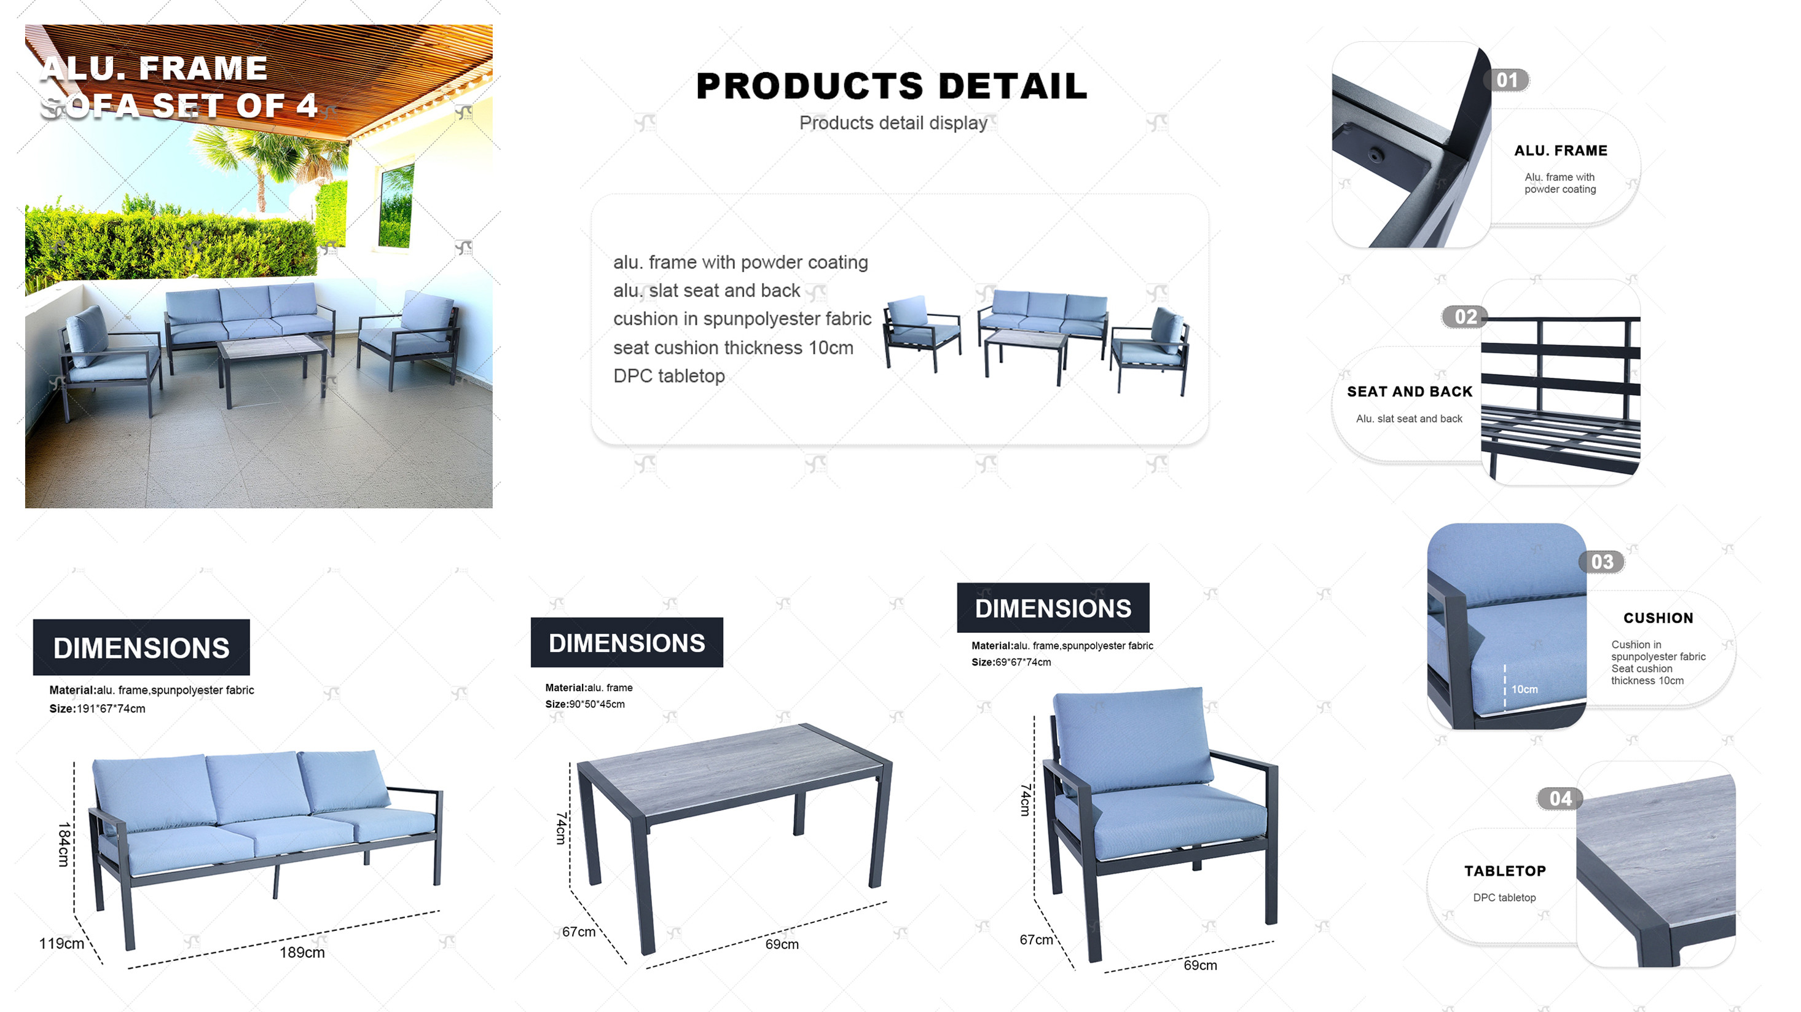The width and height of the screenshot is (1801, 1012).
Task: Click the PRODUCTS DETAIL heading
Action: click(892, 86)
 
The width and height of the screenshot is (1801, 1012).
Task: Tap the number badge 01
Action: click(1507, 80)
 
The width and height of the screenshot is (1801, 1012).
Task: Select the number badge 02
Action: click(1466, 316)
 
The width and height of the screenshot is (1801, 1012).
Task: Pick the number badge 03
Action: click(1602, 562)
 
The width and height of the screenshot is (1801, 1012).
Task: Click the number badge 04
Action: click(1560, 799)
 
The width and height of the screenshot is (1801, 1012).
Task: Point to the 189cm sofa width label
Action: click(302, 952)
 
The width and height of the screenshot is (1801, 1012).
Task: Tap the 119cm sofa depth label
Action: click(61, 944)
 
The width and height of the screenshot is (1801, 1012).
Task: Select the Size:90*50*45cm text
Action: click(585, 704)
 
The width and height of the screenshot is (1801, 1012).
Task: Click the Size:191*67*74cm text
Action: click(97, 708)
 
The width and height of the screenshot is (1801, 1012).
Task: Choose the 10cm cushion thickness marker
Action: click(1524, 689)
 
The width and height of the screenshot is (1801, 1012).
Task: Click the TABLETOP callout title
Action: click(1505, 871)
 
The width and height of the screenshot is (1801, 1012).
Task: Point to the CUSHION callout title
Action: click(1658, 618)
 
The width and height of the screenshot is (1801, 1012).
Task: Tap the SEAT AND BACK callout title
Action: click(1410, 391)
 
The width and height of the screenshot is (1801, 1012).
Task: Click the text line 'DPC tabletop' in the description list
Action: click(669, 376)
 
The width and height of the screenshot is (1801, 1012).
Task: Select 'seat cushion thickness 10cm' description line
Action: click(734, 347)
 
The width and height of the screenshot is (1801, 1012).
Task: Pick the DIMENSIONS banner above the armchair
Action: click(1053, 608)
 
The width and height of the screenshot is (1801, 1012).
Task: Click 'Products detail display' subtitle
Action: click(893, 123)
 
